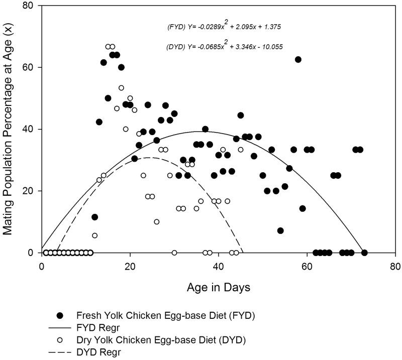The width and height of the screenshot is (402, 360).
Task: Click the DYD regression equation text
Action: [x=224, y=47]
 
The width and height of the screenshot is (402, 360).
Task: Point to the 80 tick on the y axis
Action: [x=31, y=6]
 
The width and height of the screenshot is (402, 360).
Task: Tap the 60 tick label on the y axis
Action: [x=31, y=68]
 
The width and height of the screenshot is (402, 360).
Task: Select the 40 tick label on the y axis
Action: [x=31, y=130]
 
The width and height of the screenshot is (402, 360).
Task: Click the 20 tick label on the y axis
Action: [x=31, y=191]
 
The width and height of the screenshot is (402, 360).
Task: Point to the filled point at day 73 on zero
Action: [x=364, y=253]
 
